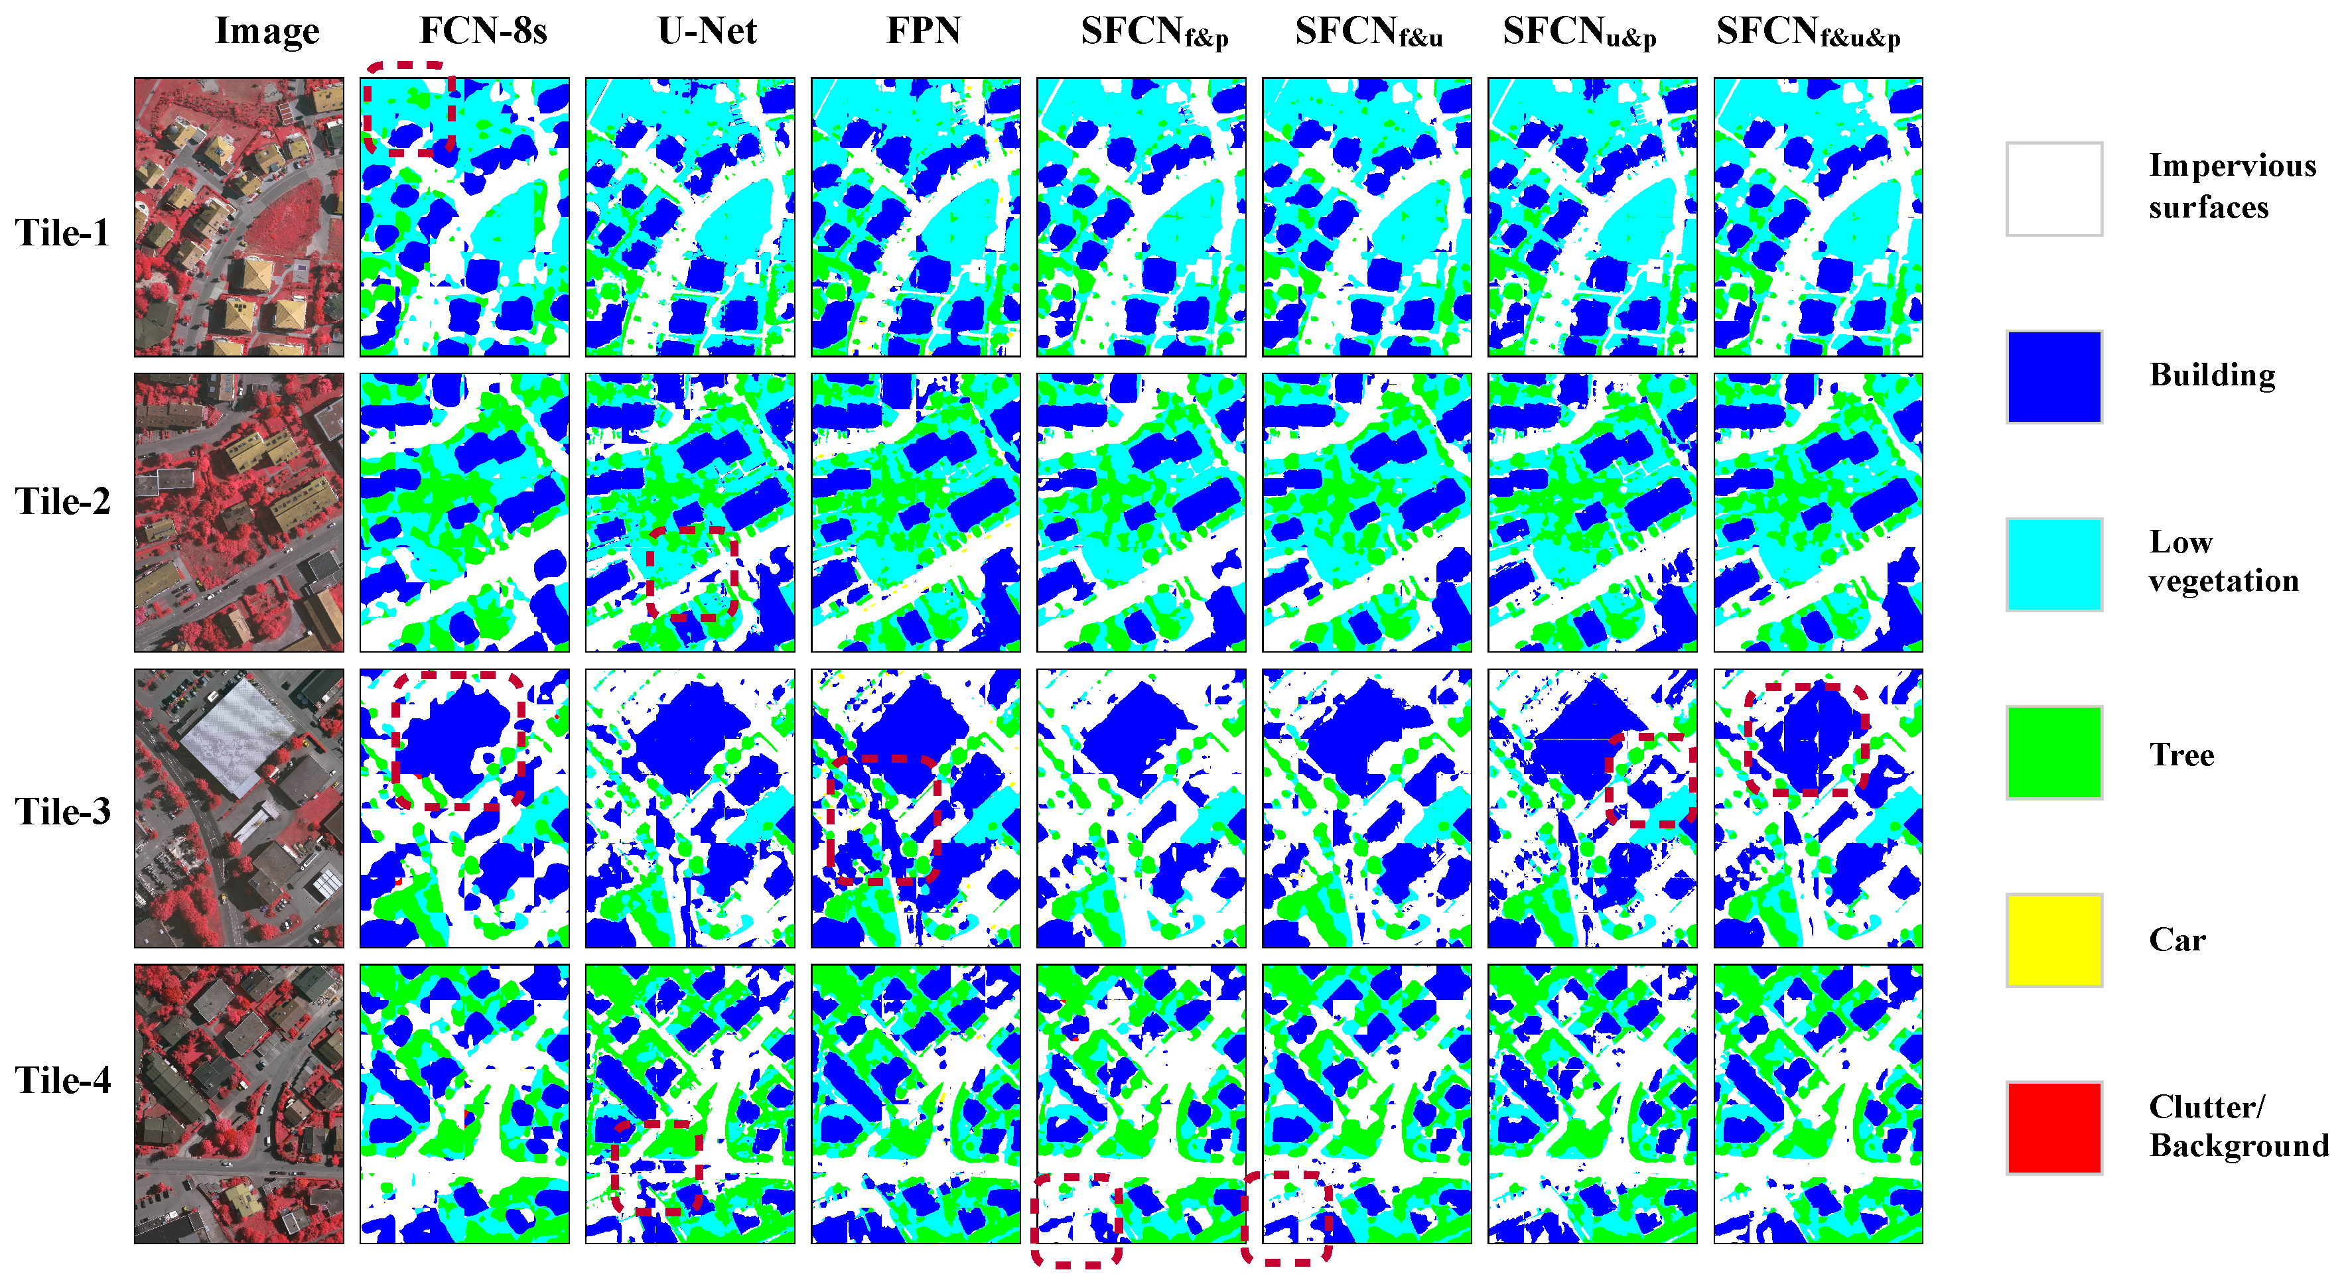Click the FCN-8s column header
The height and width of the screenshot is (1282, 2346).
[483, 31]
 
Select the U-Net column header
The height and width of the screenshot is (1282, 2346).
[707, 31]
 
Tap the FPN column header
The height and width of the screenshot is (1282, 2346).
[924, 31]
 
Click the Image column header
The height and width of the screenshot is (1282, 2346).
[267, 31]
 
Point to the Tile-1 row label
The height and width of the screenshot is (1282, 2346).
[62, 233]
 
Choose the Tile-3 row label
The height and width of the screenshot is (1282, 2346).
[62, 811]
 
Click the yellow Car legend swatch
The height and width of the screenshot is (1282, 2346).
[2053, 940]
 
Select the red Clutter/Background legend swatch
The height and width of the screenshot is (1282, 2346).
[2053, 1127]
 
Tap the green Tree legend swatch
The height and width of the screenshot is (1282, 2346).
[2053, 752]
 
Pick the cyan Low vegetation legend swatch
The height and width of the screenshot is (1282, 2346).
[2053, 564]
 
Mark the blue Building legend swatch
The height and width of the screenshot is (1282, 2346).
[2053, 376]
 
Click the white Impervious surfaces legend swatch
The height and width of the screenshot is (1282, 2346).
[2053, 188]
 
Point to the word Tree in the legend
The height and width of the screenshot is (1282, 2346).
[2181, 755]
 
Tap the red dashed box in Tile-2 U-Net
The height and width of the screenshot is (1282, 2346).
[692, 574]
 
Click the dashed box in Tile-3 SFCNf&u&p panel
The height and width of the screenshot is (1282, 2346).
[1807, 739]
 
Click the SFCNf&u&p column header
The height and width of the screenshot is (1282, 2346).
[1808, 32]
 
